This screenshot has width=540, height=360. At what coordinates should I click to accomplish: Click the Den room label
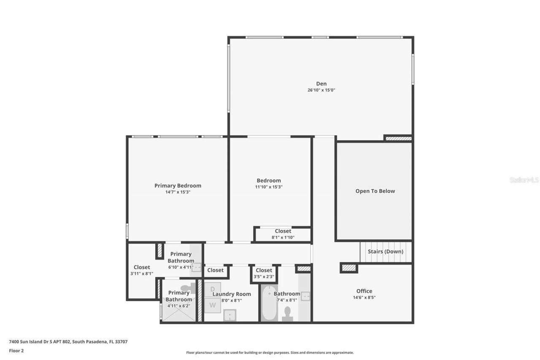321,84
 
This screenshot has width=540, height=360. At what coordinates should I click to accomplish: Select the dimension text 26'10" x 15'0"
321,90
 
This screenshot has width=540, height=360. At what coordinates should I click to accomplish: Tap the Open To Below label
375,191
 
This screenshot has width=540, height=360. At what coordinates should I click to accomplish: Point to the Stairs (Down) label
385,252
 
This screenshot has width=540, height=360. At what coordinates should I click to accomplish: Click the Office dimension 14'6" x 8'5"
364,298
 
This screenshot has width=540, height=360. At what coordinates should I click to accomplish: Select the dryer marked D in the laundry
213,289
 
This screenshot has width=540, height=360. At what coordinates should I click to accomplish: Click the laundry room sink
229,315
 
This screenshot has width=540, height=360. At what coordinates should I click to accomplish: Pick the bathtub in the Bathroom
269,304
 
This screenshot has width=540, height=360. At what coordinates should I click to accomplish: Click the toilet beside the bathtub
288,314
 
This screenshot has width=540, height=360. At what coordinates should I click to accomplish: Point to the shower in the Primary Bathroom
179,313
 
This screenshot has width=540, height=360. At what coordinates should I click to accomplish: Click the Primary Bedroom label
178,186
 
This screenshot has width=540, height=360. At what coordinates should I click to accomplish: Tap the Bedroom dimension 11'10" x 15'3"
269,187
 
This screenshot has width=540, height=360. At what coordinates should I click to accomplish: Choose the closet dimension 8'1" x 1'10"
283,238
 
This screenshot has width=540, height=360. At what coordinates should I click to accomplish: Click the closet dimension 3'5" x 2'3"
264,277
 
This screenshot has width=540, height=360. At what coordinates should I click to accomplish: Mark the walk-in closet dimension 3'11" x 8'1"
142,274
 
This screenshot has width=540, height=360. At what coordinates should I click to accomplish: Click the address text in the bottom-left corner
68,342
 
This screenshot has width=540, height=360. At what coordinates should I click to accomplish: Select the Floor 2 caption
16,351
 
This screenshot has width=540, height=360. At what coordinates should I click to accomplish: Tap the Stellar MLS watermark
524,180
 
